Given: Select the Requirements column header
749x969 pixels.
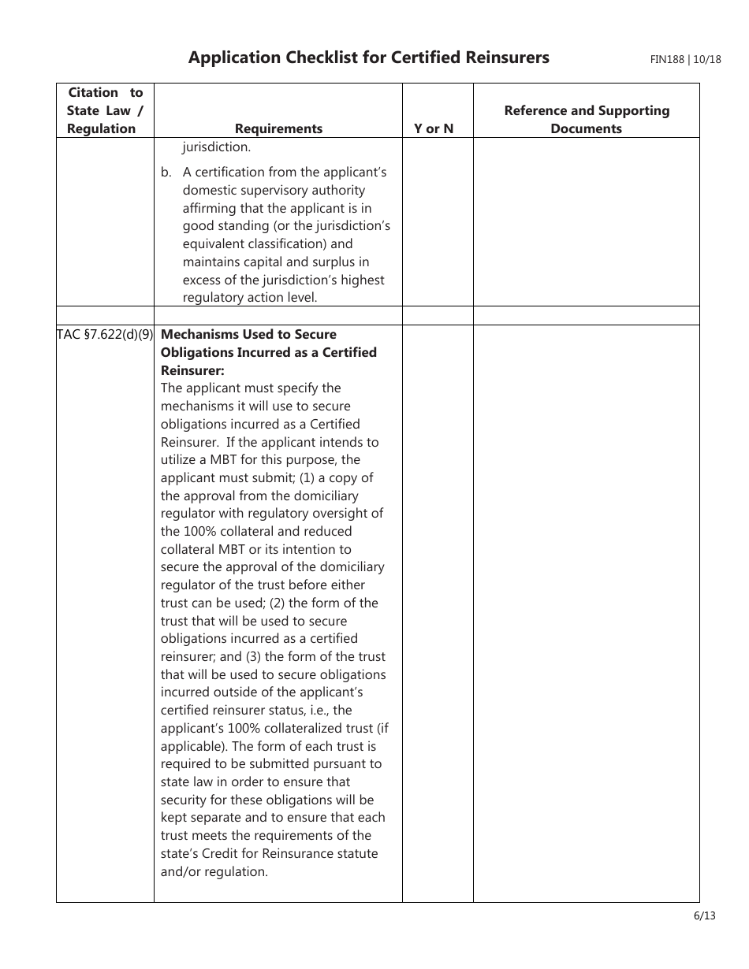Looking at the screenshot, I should coord(278,128).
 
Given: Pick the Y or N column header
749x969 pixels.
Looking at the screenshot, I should coord(434,128).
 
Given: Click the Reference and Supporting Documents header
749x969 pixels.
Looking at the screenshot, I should coord(587,120).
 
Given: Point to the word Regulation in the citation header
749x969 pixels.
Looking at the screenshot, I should coord(101,128).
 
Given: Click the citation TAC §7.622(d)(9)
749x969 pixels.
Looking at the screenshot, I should coord(105,334).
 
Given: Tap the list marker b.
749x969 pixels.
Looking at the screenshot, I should coord(166,172).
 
